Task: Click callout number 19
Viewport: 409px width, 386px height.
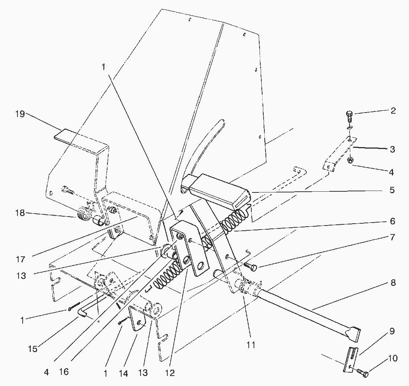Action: (x=20, y=114)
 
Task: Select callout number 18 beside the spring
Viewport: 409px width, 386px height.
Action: (x=20, y=213)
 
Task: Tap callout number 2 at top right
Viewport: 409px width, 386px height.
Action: (x=393, y=110)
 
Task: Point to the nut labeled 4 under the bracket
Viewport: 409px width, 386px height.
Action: (x=350, y=160)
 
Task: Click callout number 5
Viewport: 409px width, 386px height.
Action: (x=392, y=190)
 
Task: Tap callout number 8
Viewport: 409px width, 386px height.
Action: (x=393, y=283)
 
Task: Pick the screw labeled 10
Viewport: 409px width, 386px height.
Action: (x=362, y=373)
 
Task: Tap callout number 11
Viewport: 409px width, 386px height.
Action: (x=251, y=345)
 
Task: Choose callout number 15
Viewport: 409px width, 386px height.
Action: (x=33, y=349)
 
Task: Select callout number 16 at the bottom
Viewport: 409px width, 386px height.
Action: (x=64, y=372)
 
